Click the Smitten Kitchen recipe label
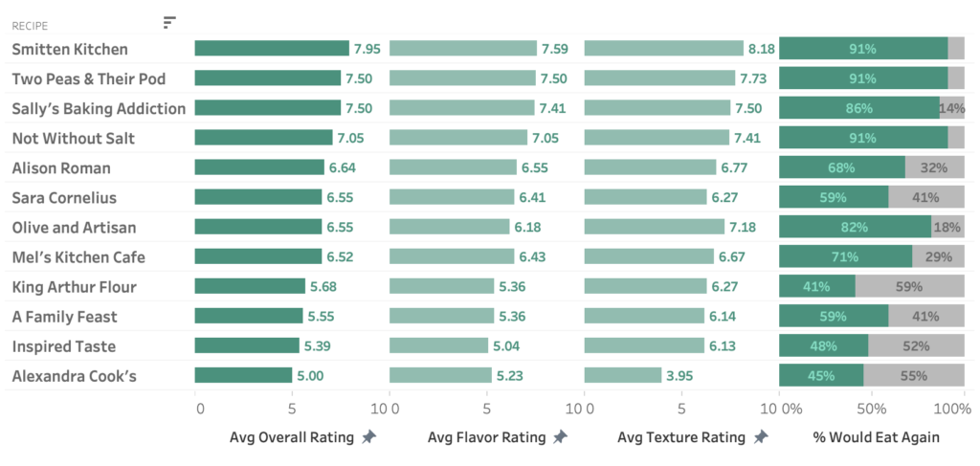tap(70, 49)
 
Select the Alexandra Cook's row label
tap(74, 376)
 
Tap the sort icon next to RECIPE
tap(169, 22)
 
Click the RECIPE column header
tap(30, 26)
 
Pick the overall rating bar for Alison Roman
tap(259, 167)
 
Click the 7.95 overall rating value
tap(367, 49)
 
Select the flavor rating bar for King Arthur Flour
tap(441, 286)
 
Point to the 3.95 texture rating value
tap(680, 376)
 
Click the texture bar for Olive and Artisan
tap(654, 227)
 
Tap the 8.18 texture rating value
tap(762, 49)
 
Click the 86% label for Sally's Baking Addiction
tap(858, 108)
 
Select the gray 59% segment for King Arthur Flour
tap(909, 286)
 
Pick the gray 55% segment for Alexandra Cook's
tap(914, 376)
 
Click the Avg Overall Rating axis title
tap(291, 437)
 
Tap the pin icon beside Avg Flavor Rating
tap(561, 437)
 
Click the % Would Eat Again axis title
tap(876, 437)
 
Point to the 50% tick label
tap(870, 410)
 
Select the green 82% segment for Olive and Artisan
tap(855, 227)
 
